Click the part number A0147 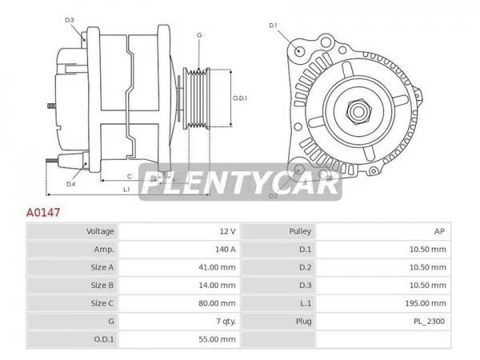tap(43, 212)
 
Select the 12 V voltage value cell tap(227, 231)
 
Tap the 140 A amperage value tap(226, 250)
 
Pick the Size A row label tap(102, 267)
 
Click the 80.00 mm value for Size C tap(217, 303)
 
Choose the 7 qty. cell tap(226, 322)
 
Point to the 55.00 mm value tap(217, 339)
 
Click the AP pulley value tap(439, 231)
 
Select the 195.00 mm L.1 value tap(426, 303)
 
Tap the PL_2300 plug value tap(429, 322)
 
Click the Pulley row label tap(300, 231)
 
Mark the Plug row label tap(303, 322)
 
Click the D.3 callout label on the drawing tap(70, 20)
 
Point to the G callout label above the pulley tap(199, 35)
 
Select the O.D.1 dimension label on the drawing tap(240, 98)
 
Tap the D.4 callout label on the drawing tap(70, 184)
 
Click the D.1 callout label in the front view tap(273, 26)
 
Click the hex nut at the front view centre tap(358, 111)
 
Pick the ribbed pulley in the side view tap(197, 98)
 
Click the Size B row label tap(102, 286)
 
